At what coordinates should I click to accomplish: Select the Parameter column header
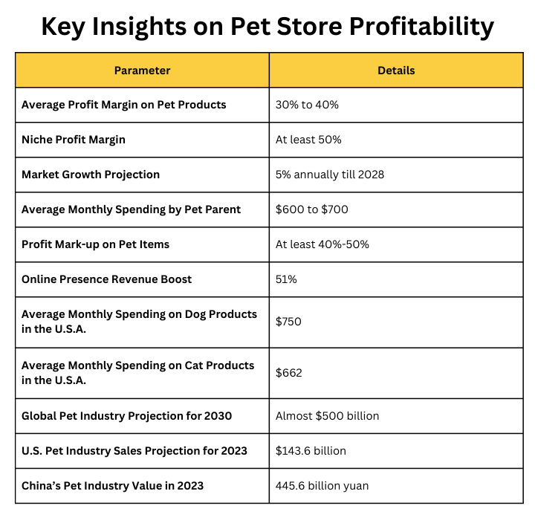click(142, 71)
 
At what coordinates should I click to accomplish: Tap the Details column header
click(396, 71)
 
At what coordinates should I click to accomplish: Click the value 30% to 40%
click(307, 105)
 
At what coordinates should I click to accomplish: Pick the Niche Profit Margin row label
click(74, 140)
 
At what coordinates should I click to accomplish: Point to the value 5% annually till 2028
click(330, 175)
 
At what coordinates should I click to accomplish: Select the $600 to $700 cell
click(311, 209)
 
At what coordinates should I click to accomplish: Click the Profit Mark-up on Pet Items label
click(97, 244)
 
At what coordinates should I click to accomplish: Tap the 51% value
click(287, 279)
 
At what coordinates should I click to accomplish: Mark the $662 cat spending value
click(289, 373)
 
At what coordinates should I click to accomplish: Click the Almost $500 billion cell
click(327, 415)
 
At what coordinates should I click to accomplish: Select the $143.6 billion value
click(311, 450)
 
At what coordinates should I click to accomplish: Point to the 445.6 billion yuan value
click(322, 486)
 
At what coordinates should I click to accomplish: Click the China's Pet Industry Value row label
click(112, 486)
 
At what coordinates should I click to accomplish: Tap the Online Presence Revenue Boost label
click(106, 279)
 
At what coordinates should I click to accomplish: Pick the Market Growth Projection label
click(91, 175)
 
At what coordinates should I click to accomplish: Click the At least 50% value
click(308, 140)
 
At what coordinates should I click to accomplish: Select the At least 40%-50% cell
click(322, 244)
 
